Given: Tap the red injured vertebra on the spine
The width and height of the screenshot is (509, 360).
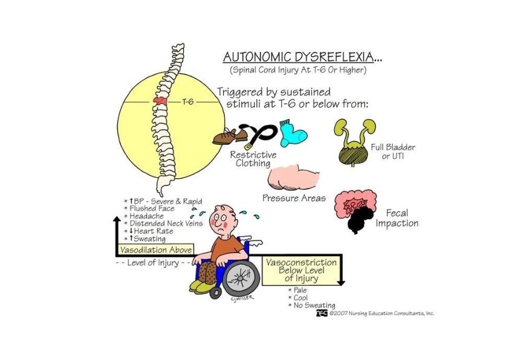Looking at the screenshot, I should [161, 101].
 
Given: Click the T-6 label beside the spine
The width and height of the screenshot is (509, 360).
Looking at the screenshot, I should [188, 102].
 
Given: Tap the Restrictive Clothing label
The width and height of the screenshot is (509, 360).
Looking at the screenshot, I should [253, 159].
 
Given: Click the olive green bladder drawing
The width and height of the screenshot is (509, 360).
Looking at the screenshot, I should [353, 151].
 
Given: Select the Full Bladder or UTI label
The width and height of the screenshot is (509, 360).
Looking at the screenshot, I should [393, 152].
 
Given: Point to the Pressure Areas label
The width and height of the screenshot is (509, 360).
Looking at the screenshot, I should [294, 198].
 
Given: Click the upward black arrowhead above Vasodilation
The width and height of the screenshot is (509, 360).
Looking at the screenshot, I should [116, 220].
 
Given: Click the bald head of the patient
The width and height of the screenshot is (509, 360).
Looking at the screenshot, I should [224, 213].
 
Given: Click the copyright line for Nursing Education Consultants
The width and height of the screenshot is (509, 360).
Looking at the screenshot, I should [381, 313].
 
